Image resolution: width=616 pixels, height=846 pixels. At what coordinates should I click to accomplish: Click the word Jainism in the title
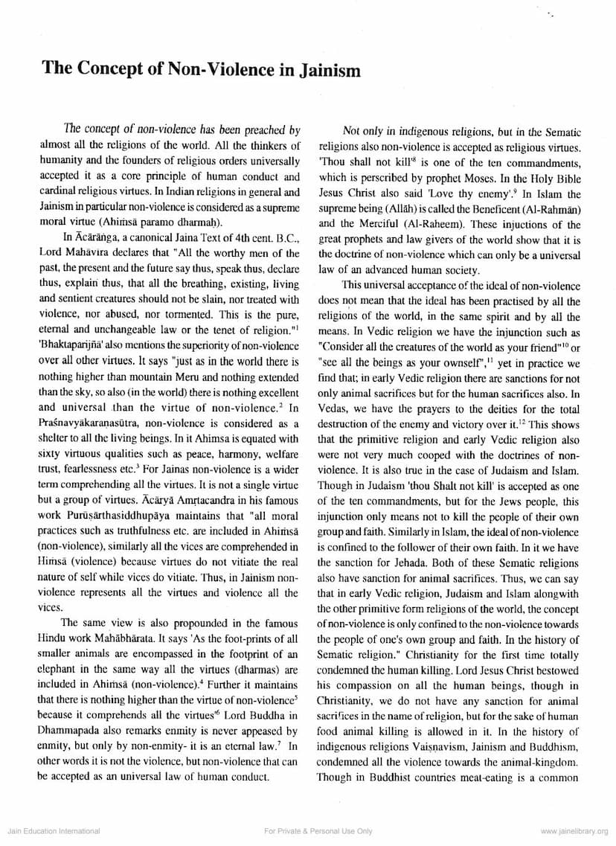321,71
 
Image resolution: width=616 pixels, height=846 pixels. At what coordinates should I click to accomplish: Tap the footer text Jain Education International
53,830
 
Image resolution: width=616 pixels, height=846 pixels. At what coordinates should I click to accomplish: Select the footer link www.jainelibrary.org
574,830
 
